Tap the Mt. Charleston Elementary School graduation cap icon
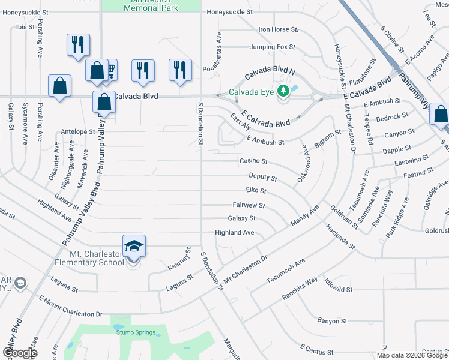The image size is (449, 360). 134,246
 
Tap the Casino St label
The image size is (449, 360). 253,161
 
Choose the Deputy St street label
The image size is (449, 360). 263,178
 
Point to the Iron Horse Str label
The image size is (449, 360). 279,29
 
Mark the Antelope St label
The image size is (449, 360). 78,131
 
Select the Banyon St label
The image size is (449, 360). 333,320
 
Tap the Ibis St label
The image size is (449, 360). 25,27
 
